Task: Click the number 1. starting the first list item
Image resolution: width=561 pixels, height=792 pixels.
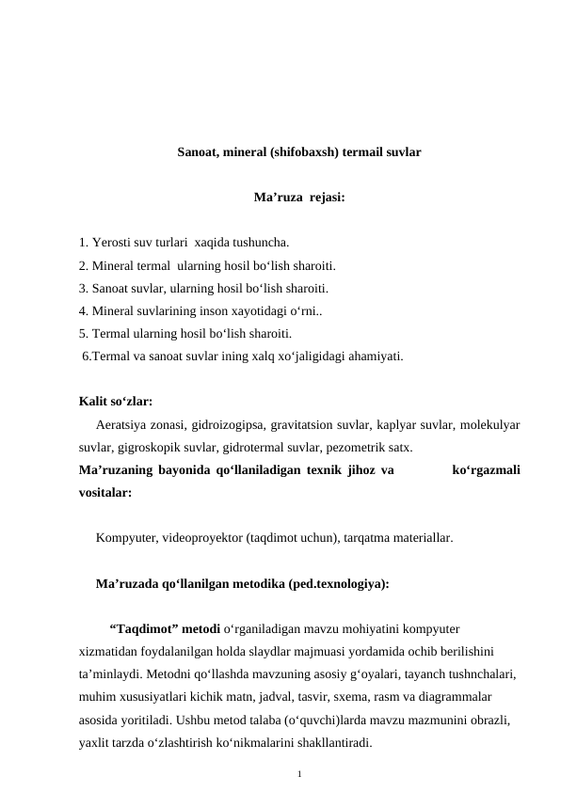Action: tap(85, 245)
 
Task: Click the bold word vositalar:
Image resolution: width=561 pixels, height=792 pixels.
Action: tap(105, 491)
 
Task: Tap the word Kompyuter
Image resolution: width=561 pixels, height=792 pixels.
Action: tap(125, 539)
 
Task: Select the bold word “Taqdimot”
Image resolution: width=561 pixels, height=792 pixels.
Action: tap(142, 628)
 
